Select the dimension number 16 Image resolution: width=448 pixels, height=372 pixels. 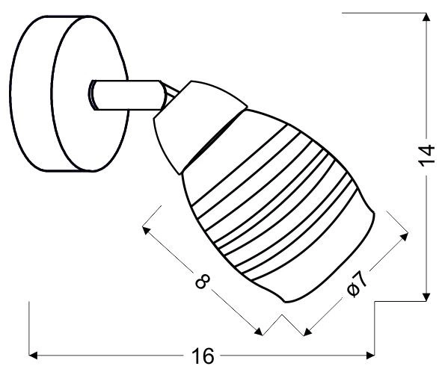200,356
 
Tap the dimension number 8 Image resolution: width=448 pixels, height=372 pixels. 200,282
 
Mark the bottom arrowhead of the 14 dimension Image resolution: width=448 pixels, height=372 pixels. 426,295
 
